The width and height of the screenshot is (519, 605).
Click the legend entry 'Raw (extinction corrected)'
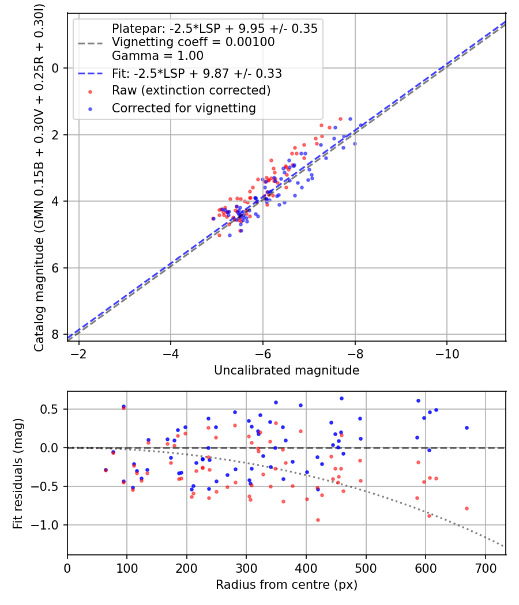tap(191, 90)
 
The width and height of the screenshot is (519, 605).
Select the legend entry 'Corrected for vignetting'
tap(183, 108)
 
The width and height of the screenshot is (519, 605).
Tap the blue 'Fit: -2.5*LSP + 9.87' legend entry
tap(197, 74)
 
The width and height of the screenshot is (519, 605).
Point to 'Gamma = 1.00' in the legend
tap(157, 56)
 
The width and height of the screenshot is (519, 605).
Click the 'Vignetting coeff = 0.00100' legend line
tap(193, 42)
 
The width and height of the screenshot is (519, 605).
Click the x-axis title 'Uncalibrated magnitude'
tap(287, 370)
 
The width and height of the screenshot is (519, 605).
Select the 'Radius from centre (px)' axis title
tap(287, 585)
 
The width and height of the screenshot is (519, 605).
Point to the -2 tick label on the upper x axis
tap(78, 353)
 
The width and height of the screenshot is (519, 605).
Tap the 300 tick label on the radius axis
tap(246, 568)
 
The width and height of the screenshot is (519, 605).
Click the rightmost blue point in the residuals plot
tap(467, 428)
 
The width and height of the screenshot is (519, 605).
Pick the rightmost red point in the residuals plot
tap(467, 508)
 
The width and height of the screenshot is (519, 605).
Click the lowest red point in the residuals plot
tap(318, 520)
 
